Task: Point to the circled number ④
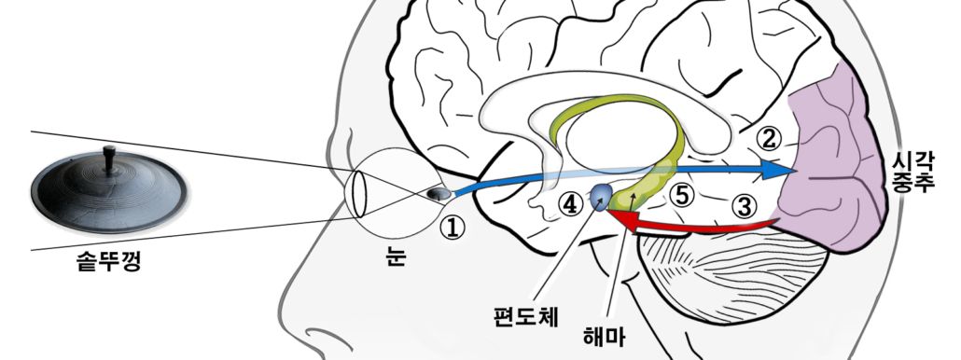(570, 201)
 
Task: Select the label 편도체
(526, 314)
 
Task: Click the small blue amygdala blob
(602, 195)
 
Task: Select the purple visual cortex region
(830, 168)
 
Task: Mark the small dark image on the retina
(435, 194)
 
